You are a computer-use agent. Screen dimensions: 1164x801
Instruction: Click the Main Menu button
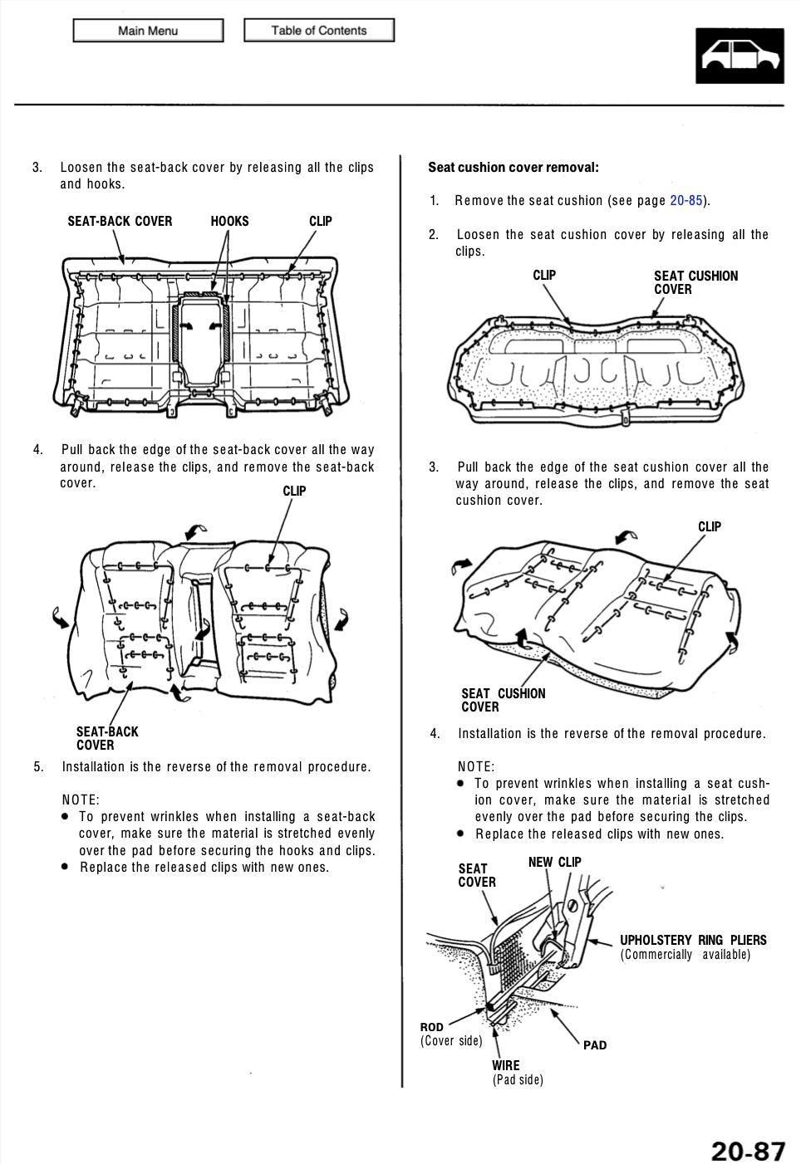(x=148, y=31)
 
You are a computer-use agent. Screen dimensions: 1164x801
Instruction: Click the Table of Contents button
(x=319, y=30)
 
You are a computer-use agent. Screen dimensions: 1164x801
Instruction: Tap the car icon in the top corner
(x=740, y=56)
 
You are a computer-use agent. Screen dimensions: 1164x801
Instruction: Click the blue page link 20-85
(x=686, y=200)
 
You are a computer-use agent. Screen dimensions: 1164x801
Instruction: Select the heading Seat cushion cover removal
(x=513, y=167)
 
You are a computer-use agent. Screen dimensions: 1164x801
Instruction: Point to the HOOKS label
(x=229, y=221)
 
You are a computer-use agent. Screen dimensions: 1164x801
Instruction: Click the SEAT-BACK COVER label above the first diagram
(x=120, y=221)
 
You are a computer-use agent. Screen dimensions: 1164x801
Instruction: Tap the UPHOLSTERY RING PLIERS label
(x=693, y=940)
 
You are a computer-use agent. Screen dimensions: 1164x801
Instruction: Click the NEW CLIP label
(x=554, y=862)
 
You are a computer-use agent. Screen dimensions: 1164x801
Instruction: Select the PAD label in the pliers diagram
(x=595, y=1045)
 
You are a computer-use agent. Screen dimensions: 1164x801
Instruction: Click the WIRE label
(x=505, y=1065)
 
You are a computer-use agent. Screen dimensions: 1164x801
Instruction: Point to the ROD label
(x=431, y=1027)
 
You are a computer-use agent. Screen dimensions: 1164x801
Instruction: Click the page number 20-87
(x=748, y=1150)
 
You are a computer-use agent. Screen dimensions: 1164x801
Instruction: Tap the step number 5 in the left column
(x=38, y=766)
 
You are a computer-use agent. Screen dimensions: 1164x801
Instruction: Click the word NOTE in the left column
(x=80, y=800)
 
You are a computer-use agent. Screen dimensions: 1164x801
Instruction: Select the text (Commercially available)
(x=685, y=955)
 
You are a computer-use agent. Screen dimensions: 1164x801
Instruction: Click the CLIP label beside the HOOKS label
(x=320, y=221)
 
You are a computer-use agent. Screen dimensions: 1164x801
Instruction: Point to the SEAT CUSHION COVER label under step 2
(x=695, y=282)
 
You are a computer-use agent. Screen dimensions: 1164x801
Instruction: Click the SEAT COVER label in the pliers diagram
(x=477, y=875)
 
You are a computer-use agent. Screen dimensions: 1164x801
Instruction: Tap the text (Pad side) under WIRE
(x=518, y=1079)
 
